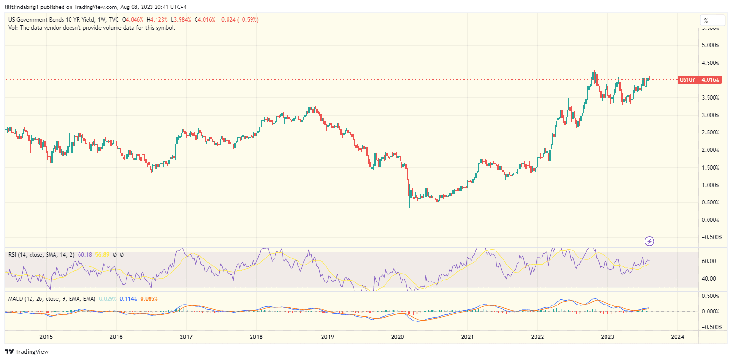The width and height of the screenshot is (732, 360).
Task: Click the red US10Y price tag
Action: (688, 80)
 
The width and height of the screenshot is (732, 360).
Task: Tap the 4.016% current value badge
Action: (710, 80)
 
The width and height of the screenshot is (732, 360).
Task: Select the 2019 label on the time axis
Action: (327, 337)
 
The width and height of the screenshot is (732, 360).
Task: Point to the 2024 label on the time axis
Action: (678, 337)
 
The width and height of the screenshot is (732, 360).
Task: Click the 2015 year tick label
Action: (46, 337)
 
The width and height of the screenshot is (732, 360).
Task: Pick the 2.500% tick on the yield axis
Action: (710, 133)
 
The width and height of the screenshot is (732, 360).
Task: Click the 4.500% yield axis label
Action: (710, 63)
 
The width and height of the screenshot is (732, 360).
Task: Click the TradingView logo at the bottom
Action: (27, 352)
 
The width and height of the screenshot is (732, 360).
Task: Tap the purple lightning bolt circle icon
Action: (649, 242)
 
